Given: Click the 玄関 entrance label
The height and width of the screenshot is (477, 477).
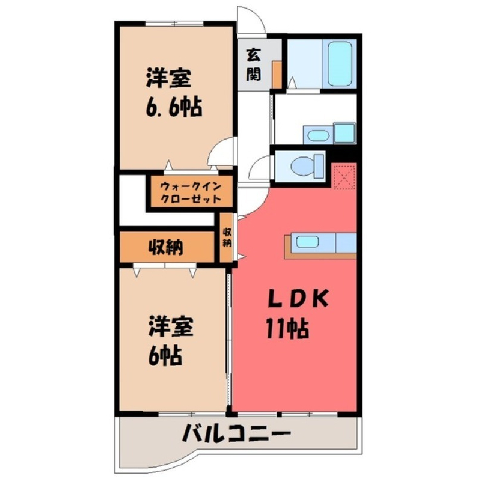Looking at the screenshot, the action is point(254,65).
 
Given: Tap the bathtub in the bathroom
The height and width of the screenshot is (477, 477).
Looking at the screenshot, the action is point(340,64).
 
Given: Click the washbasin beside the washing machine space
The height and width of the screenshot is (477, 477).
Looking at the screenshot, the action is point(318,135).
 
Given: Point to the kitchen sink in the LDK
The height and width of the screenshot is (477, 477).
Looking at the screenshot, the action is point(307,241).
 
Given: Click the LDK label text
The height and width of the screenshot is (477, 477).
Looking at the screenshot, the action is point(298,298).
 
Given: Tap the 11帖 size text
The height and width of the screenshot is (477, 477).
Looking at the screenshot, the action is point(287,329).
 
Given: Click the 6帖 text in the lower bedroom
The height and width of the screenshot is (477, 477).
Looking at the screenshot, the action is point(165,355).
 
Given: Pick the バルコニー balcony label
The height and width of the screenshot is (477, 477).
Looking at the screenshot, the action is point(237,433).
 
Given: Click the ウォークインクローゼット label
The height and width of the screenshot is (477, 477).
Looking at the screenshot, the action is point(191,193).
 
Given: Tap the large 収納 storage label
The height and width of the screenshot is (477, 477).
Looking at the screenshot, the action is point(166,247).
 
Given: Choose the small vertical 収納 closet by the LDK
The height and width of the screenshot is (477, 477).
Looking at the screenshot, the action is point(227,238).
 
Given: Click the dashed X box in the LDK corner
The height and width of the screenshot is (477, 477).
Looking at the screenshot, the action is point(345,176).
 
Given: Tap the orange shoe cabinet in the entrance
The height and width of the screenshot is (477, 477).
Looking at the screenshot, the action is point(277,75).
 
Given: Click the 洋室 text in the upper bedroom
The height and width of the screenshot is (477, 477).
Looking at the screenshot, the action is point(169,78).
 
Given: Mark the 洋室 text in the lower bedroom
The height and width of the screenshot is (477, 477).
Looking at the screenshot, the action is point(171,326).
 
